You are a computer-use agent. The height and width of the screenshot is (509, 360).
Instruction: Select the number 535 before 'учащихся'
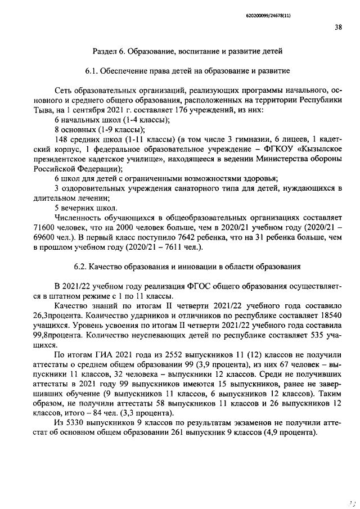coord(304,336)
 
